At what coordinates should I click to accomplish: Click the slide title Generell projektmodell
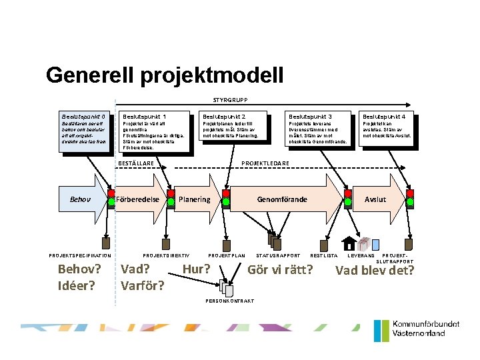pos(165,75)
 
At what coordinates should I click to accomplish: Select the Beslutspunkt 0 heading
pos(83,116)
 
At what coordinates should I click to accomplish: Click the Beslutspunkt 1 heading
pos(145,116)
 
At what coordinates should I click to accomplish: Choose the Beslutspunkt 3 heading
pos(310,116)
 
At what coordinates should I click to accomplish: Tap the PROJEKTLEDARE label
pos(265,163)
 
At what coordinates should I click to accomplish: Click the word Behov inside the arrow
pos(80,199)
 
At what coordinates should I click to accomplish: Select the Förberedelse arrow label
pos(137,199)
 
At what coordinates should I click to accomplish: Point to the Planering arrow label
pos(195,199)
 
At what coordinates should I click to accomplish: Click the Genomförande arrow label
pos(282,199)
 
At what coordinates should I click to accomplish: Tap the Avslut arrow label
pos(375,199)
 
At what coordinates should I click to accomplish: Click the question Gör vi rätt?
pos(280,270)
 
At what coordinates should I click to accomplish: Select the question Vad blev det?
pos(375,270)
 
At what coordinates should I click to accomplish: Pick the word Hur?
pos(197,269)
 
